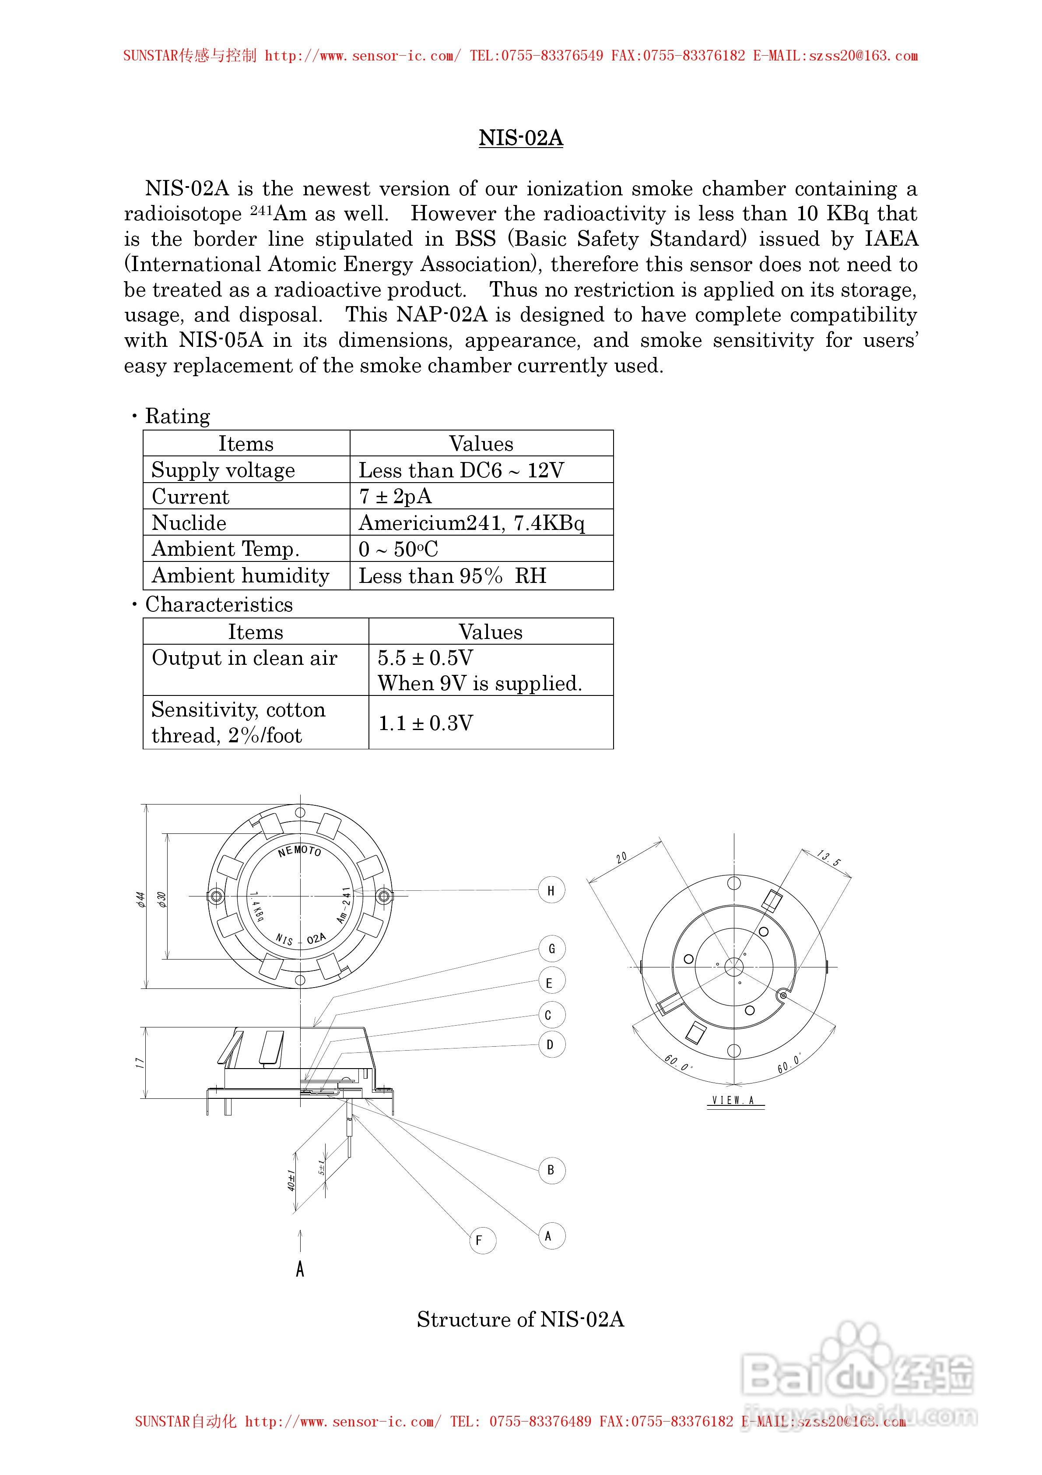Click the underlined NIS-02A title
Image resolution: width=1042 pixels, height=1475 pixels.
point(521,138)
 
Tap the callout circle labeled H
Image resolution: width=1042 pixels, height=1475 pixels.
point(551,890)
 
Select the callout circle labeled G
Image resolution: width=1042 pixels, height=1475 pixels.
point(551,948)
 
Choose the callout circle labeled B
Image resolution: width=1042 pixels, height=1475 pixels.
point(551,1170)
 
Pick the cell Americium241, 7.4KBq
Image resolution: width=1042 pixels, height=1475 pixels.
point(471,523)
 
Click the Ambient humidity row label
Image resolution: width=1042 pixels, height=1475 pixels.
point(240,575)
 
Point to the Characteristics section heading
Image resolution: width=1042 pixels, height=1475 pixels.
point(218,604)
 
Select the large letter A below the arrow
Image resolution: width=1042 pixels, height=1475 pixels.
point(300,1270)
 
